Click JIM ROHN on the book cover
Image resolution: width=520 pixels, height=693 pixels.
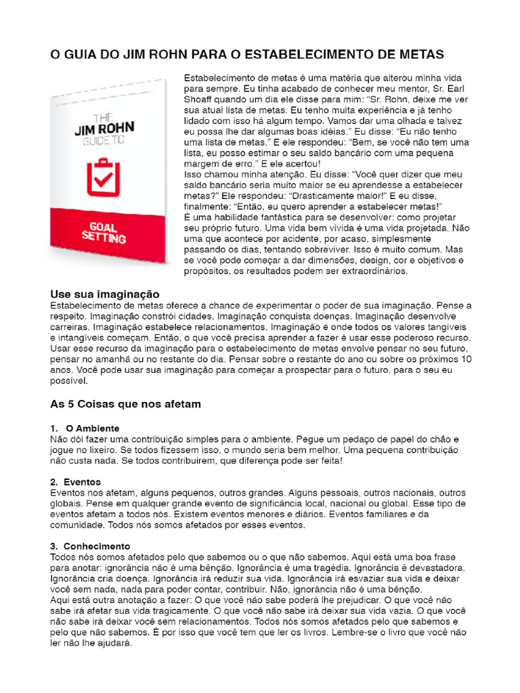[x=104, y=129]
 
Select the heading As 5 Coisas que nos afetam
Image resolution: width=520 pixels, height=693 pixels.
[x=125, y=404]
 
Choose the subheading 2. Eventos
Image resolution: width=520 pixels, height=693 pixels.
[x=76, y=482]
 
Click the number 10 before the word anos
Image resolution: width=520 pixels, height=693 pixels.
[x=466, y=359]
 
